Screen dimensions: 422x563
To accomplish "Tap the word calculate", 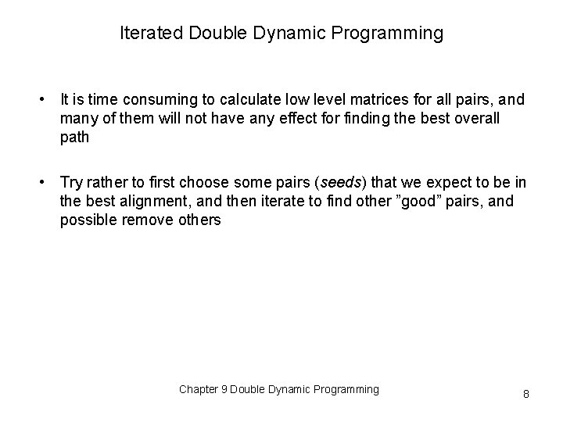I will [x=240, y=100].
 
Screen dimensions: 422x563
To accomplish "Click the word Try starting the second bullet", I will [x=71, y=183].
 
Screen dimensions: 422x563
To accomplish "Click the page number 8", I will [x=525, y=394].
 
